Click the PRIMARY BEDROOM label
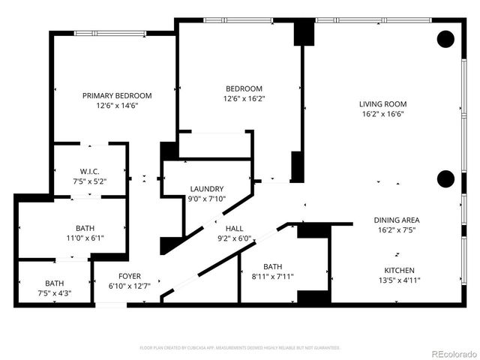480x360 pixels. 117,95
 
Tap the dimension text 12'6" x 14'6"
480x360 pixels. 117,106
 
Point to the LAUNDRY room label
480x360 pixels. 207,189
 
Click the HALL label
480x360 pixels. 234,228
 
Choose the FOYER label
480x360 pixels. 124,276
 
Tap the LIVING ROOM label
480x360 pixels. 382,105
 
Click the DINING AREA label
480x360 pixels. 397,220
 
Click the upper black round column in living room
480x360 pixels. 445,39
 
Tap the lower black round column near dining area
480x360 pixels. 445,178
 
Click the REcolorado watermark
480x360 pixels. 448,352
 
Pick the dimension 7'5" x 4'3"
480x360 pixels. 54,293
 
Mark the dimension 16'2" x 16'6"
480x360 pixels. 382,115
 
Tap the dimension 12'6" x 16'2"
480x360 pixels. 244,98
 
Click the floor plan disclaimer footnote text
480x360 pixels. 240,348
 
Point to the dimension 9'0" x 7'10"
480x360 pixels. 207,199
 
